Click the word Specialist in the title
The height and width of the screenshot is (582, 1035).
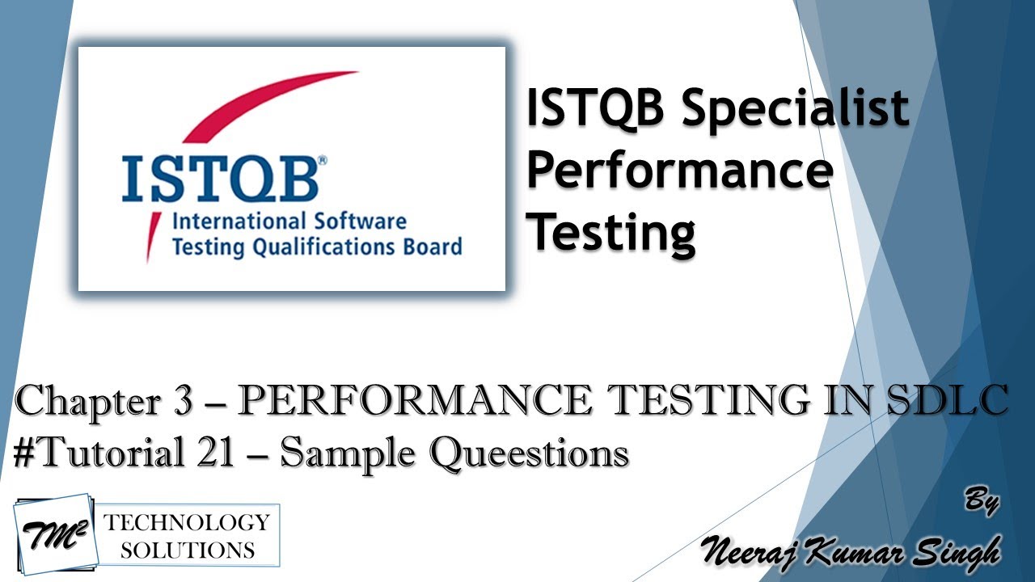795,109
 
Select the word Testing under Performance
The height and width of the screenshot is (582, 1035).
612,232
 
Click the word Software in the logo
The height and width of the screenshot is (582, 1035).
358,221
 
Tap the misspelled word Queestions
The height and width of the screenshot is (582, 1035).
530,453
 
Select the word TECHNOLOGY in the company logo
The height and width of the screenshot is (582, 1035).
187,521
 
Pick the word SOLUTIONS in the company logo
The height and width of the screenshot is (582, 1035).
187,550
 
